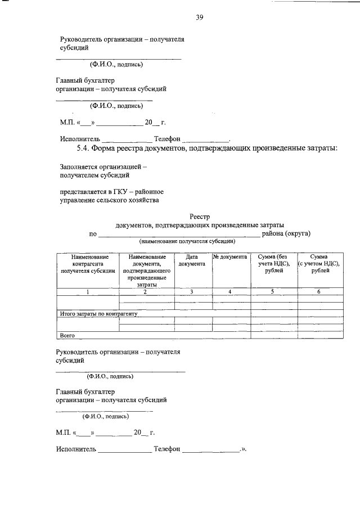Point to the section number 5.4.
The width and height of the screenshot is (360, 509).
(82, 148)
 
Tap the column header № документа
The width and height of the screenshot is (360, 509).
(229, 257)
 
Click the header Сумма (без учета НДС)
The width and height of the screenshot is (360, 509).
(273, 264)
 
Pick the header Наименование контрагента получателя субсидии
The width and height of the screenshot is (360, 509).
(87, 264)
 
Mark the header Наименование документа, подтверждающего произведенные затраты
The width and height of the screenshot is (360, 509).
(145, 271)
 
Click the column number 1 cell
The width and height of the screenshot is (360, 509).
(87, 291)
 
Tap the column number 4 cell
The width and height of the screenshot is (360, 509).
(229, 291)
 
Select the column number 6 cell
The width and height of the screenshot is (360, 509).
(319, 291)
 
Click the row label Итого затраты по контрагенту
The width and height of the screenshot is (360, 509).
(98, 313)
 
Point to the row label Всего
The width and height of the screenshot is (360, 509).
(67, 335)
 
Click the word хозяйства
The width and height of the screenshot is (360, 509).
(141, 200)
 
